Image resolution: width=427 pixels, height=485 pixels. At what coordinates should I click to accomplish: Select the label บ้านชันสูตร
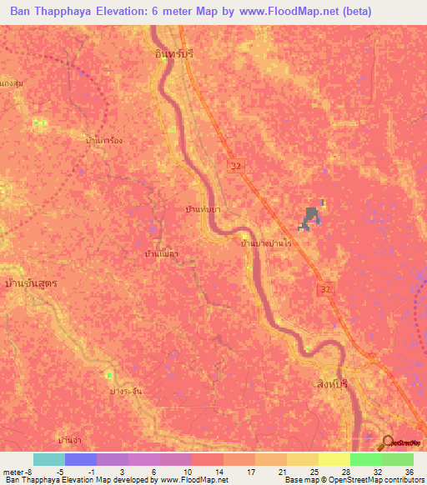coord(30,283)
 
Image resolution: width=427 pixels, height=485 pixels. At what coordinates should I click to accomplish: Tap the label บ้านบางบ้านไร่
coord(265,243)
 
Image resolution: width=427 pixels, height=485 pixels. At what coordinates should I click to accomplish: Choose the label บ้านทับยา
coord(203,212)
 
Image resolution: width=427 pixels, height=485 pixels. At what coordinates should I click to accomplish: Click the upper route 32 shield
coord(238,167)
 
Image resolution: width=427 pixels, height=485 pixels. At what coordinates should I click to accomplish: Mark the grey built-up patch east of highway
coord(312,218)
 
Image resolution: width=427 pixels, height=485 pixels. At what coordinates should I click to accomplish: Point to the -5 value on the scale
coord(49,472)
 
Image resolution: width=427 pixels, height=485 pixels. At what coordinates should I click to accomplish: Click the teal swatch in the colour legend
coord(49,459)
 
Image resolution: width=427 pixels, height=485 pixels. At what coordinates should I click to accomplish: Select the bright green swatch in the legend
coord(365,459)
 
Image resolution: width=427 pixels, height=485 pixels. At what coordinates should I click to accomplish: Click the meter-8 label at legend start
coord(14,472)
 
